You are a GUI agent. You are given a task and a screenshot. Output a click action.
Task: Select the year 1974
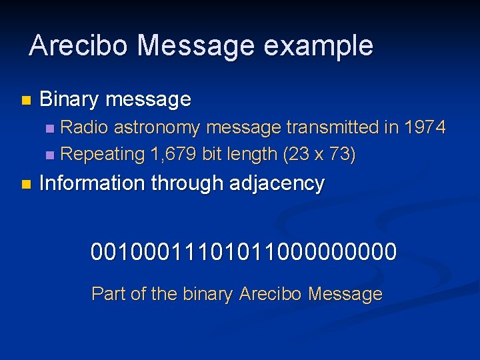click(x=423, y=127)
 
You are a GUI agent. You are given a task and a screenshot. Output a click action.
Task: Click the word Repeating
click(x=103, y=155)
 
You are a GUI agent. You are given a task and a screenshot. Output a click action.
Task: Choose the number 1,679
click(x=173, y=155)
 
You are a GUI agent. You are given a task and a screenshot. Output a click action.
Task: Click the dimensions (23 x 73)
click(x=319, y=155)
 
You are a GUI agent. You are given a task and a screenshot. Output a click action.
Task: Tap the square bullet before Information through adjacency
click(x=25, y=184)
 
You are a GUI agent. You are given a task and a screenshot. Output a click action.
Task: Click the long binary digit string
click(x=244, y=252)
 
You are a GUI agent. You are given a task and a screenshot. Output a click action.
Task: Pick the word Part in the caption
click(x=107, y=294)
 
